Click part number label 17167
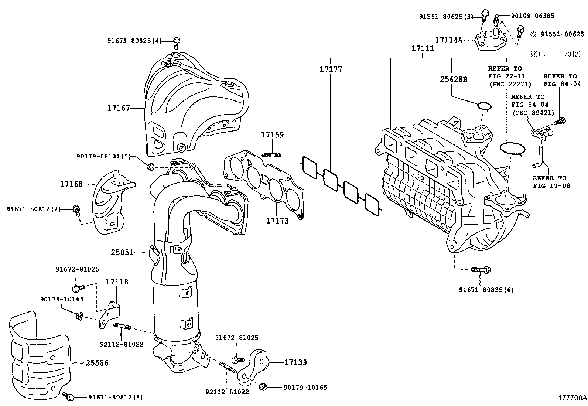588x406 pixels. click(119, 108)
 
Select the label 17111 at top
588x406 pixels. click(423, 49)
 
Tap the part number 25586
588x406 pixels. click(97, 363)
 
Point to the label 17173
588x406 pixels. click(277, 221)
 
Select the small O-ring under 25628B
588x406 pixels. click(484, 106)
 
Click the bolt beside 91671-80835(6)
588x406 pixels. click(481, 270)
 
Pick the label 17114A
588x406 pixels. click(448, 40)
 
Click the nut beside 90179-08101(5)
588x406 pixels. click(150, 167)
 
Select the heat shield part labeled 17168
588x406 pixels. click(109, 201)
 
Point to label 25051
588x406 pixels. click(122, 253)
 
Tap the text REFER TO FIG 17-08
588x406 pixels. click(551, 182)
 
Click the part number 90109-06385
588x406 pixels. click(532, 16)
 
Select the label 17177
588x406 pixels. click(331, 69)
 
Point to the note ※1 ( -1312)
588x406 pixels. click(556, 54)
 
